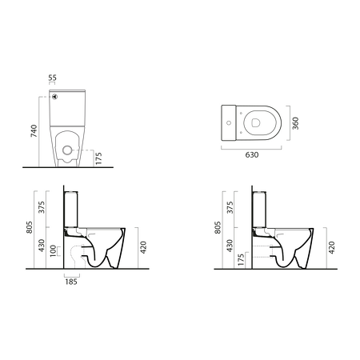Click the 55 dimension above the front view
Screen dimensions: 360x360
(x=52, y=79)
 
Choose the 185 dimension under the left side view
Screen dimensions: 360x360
(x=72, y=282)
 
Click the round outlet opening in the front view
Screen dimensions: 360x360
(x=68, y=149)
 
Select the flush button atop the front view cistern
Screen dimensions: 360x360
(x=57, y=94)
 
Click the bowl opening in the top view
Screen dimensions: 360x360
(x=257, y=121)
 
